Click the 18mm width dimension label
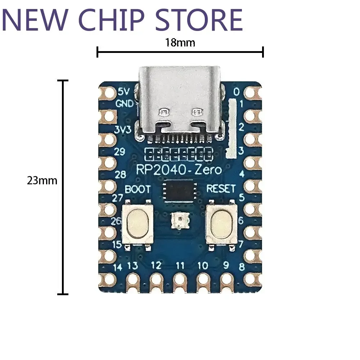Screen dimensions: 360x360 (x=180, y=43)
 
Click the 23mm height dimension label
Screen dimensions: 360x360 (x=42, y=180)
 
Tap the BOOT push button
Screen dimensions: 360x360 (x=137, y=224)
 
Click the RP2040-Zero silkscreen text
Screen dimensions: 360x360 (x=179, y=169)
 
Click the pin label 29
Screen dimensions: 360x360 (x=120, y=151)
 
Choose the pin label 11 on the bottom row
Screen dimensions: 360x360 (x=180, y=266)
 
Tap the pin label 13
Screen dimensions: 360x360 (x=132, y=266)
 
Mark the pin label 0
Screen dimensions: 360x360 (x=236, y=92)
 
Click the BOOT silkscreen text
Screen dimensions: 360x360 (x=137, y=189)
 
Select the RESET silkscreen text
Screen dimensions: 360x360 (x=221, y=188)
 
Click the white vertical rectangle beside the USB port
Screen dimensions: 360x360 (x=231, y=129)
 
